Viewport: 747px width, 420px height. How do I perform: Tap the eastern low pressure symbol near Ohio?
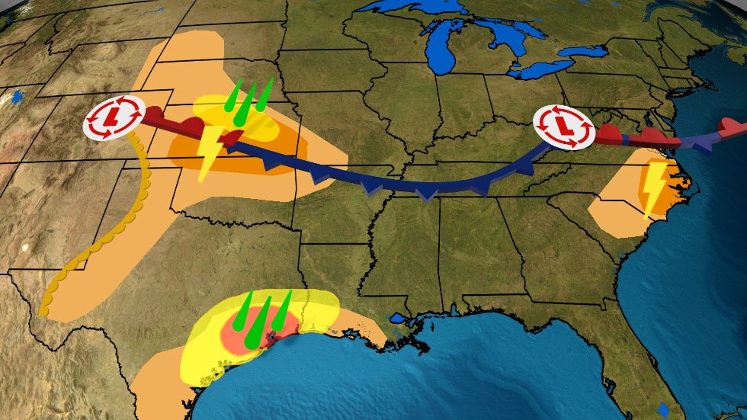[563, 125]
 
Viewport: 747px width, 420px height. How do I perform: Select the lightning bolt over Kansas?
[209, 152]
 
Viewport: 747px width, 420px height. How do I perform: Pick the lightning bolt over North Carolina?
[653, 186]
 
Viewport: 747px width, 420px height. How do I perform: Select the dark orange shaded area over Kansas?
[259, 156]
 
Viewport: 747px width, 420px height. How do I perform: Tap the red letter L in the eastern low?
[563, 125]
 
